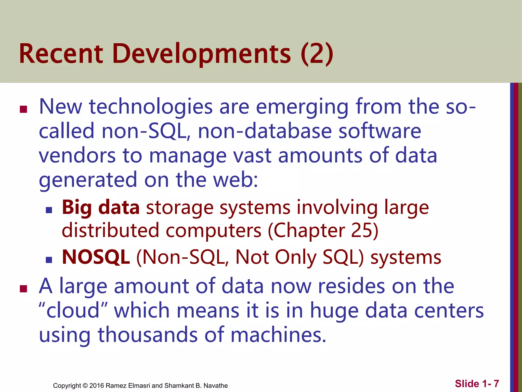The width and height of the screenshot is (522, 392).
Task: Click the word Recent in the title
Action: click(x=61, y=54)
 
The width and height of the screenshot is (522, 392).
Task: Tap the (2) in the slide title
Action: click(x=317, y=54)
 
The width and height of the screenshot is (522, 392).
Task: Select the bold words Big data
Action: click(x=101, y=207)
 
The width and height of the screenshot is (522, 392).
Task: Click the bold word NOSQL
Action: click(x=96, y=257)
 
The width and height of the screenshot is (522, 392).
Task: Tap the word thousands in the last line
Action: click(x=147, y=335)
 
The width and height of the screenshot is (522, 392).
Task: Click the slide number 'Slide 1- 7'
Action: click(x=477, y=384)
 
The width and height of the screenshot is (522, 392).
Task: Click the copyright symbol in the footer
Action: click(x=85, y=386)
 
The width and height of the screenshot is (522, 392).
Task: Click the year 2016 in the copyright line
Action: click(x=97, y=386)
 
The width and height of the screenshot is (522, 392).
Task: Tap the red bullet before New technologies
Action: click(x=23, y=109)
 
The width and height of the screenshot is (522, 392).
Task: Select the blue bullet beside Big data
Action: click(x=49, y=210)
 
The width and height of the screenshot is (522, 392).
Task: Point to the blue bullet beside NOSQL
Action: click(x=49, y=260)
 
